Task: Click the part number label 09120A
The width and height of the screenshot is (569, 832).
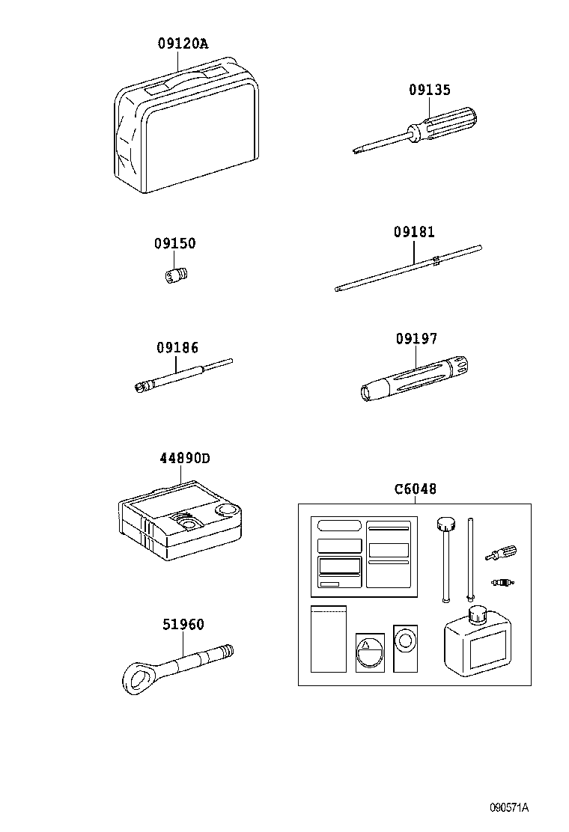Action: (x=183, y=44)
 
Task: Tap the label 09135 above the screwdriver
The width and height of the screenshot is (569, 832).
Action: (x=430, y=90)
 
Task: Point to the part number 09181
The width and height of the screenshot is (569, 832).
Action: (x=414, y=233)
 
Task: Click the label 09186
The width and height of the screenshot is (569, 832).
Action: (x=177, y=348)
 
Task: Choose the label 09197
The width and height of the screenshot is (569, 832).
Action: (x=416, y=339)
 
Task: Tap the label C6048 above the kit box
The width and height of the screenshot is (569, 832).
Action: (x=416, y=489)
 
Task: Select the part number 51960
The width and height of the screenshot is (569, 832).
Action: (x=183, y=625)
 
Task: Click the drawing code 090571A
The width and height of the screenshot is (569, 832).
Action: (x=510, y=807)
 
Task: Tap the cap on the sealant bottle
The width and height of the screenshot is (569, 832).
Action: (x=477, y=614)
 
